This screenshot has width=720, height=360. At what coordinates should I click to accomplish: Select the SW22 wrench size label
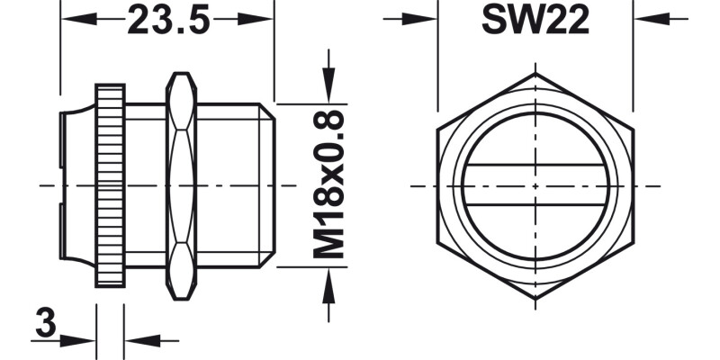tap(535, 20)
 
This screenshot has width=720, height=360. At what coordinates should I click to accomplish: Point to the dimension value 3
tap(42, 321)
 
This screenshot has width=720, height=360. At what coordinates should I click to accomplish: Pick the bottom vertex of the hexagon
tap(536, 301)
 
